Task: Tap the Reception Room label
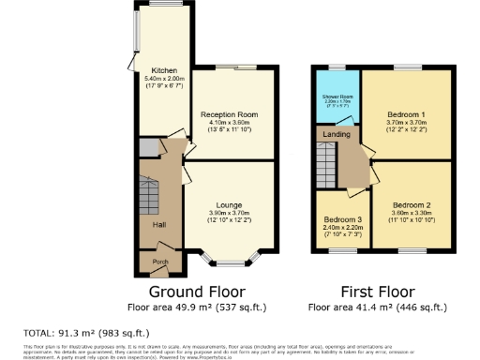pyautogui.click(x=229, y=114)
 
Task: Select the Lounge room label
pyautogui.click(x=229, y=204)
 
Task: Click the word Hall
pyautogui.click(x=149, y=223)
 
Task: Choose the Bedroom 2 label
pyautogui.click(x=412, y=204)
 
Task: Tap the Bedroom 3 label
pyautogui.click(x=336, y=218)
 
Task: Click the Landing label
pyautogui.click(x=337, y=134)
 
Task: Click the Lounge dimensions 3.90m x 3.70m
pyautogui.click(x=229, y=213)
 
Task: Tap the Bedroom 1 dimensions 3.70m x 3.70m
pyautogui.click(x=406, y=122)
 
